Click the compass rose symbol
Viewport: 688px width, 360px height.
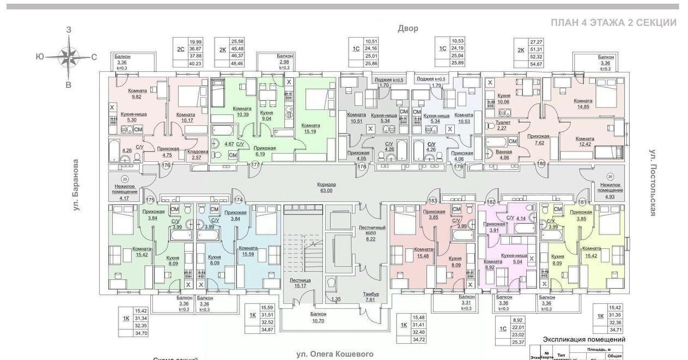point(68,56)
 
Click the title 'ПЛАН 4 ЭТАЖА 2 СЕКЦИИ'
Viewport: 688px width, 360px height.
point(613,23)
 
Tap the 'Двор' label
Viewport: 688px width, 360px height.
point(407,28)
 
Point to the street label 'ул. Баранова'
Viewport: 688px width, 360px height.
point(76,185)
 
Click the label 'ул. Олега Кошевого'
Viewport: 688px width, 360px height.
point(335,354)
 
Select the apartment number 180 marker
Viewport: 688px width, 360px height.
point(541,164)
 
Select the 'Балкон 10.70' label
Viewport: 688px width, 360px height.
point(319,317)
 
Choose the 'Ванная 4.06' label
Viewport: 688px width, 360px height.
point(500,155)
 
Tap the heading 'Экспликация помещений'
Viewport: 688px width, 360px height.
point(583,339)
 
